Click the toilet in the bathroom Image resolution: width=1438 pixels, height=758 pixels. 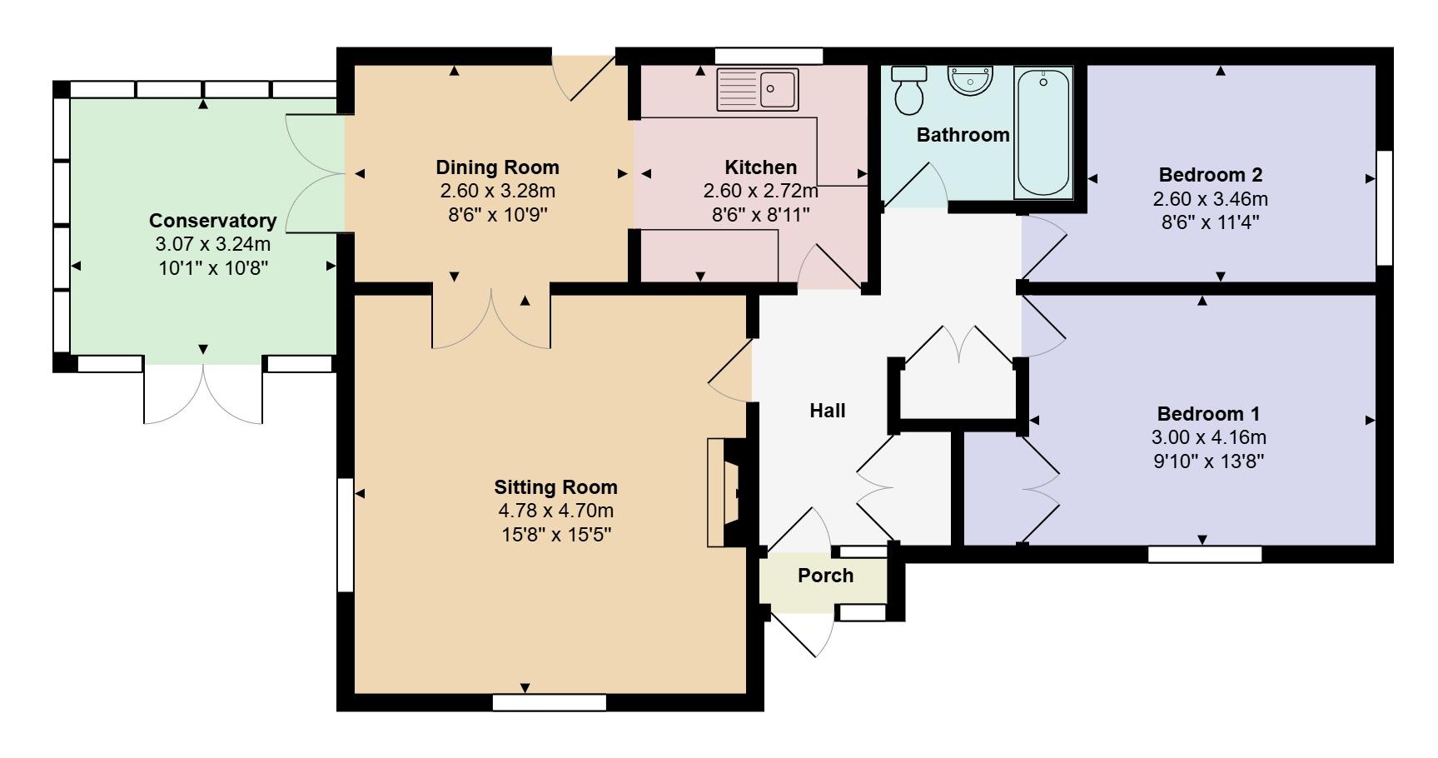pyautogui.click(x=908, y=92)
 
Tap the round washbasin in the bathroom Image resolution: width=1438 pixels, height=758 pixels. pyautogui.click(x=970, y=81)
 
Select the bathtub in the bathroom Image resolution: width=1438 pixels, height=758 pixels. pyautogui.click(x=1042, y=132)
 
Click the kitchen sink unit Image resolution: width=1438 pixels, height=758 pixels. pyautogui.click(x=758, y=89)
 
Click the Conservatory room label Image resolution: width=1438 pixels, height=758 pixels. pyautogui.click(x=212, y=221)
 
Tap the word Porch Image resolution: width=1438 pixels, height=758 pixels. pyautogui.click(x=825, y=576)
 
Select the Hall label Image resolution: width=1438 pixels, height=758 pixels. pyautogui.click(x=827, y=411)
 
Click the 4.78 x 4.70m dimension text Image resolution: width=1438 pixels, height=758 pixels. pyautogui.click(x=555, y=511)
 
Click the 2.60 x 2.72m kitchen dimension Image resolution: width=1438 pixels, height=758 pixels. pyautogui.click(x=760, y=191)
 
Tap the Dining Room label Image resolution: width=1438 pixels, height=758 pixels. pyautogui.click(x=497, y=167)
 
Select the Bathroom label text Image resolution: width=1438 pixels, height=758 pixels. pyautogui.click(x=963, y=135)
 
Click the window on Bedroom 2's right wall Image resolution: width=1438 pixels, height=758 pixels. pyautogui.click(x=1384, y=207)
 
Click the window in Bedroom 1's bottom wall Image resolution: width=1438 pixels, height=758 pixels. pyautogui.click(x=1204, y=554)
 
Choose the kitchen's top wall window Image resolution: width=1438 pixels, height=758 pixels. pyautogui.click(x=769, y=56)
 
